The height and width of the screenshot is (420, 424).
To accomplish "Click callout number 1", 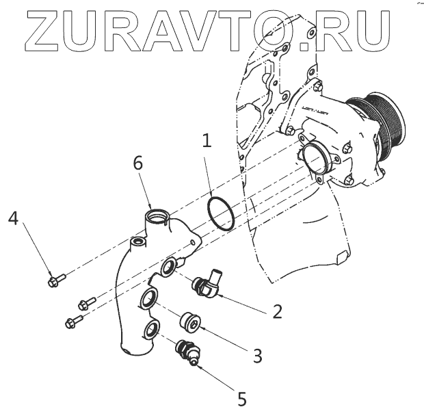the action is [x=207, y=142].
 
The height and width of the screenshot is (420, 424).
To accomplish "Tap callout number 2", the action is [x=277, y=312].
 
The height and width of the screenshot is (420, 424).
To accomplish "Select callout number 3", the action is [x=256, y=355].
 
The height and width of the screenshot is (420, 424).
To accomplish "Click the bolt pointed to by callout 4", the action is [x=56, y=280].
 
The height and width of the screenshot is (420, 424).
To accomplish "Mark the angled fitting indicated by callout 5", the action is [x=187, y=352].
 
